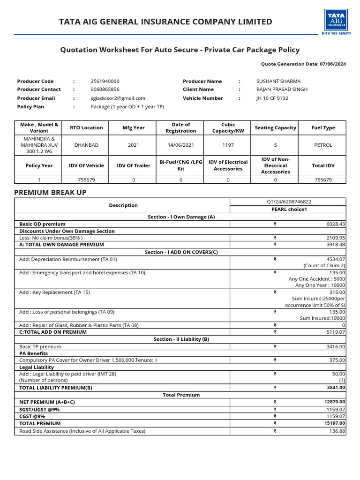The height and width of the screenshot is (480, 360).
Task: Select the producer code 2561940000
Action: tap(105, 81)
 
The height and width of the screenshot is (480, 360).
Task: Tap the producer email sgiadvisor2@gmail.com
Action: tap(118, 98)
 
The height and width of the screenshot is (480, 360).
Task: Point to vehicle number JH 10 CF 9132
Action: tap(272, 98)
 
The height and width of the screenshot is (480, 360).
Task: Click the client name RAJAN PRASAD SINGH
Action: tap(282, 89)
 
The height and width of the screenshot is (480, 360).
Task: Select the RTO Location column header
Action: tap(86, 127)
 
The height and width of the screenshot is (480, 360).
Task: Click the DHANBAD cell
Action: tap(86, 145)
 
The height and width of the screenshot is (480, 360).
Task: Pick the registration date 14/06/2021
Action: tap(180, 145)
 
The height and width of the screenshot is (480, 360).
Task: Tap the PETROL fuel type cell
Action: tap(323, 145)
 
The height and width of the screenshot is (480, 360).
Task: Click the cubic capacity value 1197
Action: tap(228, 145)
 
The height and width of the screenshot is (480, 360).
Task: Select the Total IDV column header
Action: tap(323, 165)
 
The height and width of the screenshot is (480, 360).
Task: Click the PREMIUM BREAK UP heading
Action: tap(50, 193)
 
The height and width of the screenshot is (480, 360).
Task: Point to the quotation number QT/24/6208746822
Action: tap(288, 202)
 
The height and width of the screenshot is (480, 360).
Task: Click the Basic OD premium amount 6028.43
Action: tap(336, 224)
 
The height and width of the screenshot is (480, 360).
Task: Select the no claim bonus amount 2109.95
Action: tap(336, 238)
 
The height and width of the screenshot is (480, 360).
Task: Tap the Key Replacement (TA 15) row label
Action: tap(54, 292)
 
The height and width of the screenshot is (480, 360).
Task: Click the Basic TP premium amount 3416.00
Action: tap(336, 346)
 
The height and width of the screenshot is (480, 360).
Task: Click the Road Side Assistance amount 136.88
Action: tap(337, 431)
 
